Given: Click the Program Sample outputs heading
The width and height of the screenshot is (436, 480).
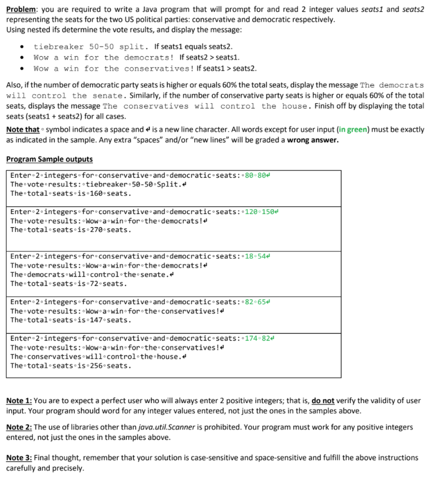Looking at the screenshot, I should click(49, 159).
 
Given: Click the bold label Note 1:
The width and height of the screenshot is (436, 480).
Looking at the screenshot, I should click(19, 401).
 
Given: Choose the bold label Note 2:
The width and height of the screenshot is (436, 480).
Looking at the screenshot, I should click(19, 427).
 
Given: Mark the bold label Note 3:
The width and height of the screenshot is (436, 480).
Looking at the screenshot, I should click(19, 457).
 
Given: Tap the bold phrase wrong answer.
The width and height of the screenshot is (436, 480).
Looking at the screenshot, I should click(312, 139).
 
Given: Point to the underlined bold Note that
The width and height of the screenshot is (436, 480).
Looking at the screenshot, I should click(23, 129).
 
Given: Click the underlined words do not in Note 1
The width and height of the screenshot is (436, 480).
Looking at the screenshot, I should click(323, 401).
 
